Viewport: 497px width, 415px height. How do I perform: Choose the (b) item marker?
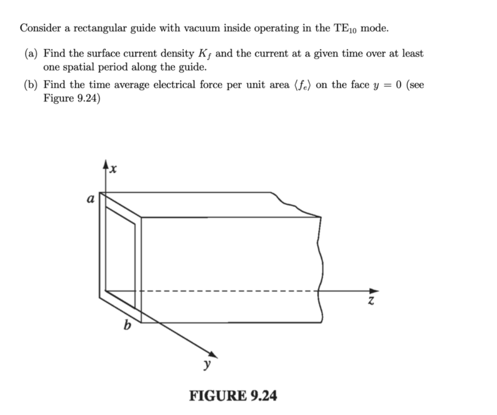31,86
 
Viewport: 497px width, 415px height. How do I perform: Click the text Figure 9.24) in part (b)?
72,98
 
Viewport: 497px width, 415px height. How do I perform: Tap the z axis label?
371,301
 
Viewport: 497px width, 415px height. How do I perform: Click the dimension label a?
90,198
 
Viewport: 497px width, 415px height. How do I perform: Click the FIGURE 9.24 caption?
233,396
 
